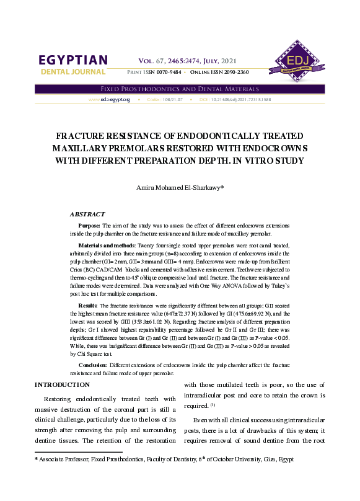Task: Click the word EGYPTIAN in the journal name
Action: (x=73, y=60)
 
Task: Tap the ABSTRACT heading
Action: (x=87, y=214)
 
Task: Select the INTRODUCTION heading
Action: (x=63, y=385)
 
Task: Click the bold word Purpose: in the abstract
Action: (x=89, y=226)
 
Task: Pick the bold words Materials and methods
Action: (x=107, y=246)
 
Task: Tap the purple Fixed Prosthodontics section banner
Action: (x=180, y=89)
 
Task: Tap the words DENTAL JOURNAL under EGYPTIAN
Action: (x=73, y=72)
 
